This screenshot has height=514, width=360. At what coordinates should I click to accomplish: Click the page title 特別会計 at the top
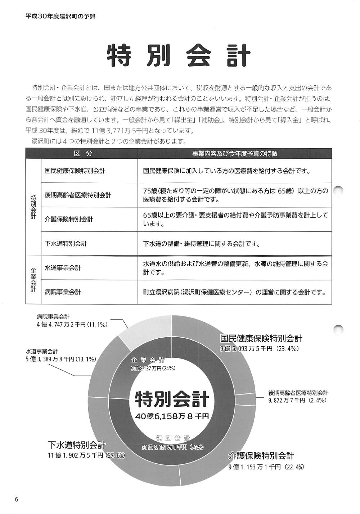[179, 56]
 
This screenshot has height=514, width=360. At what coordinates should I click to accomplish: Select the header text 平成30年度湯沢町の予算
[60, 16]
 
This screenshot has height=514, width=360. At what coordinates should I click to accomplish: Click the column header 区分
[83, 154]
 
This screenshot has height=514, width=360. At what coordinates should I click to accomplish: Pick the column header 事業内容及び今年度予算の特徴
[234, 154]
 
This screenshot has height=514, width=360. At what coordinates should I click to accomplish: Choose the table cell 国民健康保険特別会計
[75, 171]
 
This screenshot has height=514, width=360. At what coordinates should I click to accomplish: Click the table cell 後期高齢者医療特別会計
[78, 195]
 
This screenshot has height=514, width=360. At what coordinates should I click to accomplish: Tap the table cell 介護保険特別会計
[69, 219]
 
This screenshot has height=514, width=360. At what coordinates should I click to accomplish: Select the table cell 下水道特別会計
[66, 244]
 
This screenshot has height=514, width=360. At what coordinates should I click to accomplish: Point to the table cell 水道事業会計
[63, 268]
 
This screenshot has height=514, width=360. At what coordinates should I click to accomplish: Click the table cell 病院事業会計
[63, 292]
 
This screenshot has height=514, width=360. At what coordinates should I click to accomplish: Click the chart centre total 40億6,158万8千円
[172, 416]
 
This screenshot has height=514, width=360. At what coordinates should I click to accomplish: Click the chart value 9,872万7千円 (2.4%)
[297, 400]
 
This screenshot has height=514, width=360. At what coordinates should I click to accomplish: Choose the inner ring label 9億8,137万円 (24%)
[153, 368]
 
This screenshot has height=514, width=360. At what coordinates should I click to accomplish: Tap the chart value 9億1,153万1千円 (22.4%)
[266, 467]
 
